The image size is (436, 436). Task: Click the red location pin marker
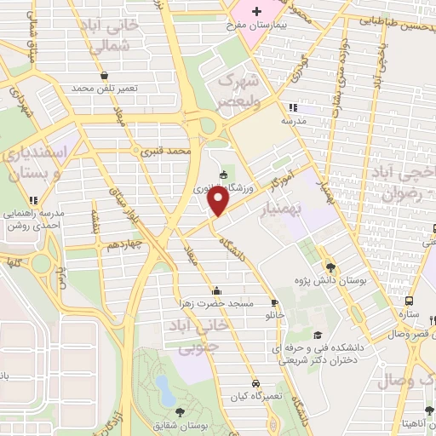219,201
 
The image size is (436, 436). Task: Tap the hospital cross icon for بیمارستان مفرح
256,10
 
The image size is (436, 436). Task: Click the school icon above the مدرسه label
294,107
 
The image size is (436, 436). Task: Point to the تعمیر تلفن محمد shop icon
104,75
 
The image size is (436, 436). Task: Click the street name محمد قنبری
163,150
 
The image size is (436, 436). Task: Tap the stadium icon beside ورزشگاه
223,175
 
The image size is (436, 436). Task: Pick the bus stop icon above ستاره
410,301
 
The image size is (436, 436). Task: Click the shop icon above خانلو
274,302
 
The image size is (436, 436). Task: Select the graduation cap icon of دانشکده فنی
318,336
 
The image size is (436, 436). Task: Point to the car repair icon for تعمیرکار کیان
255,384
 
